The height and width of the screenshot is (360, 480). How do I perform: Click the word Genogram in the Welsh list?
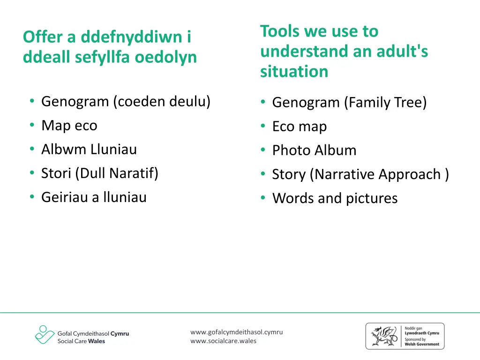[x=75, y=102]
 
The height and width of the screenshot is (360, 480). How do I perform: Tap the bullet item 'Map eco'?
[x=69, y=126]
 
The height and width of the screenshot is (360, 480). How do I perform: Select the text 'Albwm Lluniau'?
[x=89, y=150]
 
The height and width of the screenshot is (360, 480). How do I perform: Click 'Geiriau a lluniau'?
[x=94, y=197]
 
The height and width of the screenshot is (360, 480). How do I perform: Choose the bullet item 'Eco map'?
[x=300, y=127]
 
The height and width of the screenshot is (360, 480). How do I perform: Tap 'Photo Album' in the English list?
[x=314, y=150]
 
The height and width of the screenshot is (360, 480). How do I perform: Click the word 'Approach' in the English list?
[x=410, y=174]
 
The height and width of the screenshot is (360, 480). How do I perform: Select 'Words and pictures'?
[x=335, y=198]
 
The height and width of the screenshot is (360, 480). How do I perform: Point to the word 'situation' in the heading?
[x=294, y=72]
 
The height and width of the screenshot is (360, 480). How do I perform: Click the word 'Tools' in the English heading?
[x=280, y=31]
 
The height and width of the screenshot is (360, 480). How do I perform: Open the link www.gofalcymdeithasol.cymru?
[x=236, y=332]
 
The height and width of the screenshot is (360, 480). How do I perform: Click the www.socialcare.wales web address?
[x=223, y=341]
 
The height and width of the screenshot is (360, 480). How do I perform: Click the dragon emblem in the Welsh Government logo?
[x=382, y=336]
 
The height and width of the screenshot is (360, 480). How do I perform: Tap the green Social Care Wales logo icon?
[x=44, y=335]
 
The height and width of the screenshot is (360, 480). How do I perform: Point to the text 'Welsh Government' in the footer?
[x=422, y=344]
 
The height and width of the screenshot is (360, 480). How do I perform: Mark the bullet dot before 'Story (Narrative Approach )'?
[x=263, y=174]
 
